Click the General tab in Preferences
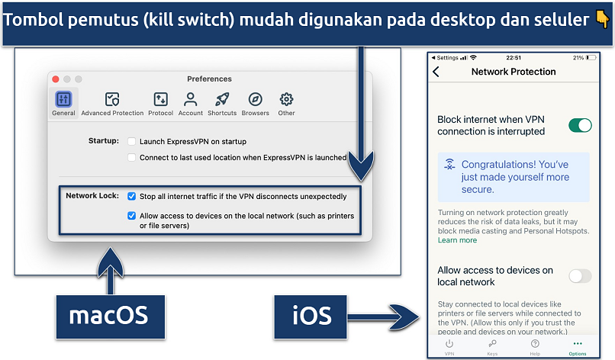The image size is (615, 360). (63, 103)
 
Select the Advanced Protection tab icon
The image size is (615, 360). (112, 99)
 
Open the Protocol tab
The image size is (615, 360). (160, 99)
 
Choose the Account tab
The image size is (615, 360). (191, 99)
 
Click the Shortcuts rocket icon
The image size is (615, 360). (222, 99)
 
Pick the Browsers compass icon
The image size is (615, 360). (256, 99)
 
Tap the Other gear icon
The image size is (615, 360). (286, 99)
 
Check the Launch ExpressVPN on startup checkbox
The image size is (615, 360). (132, 142)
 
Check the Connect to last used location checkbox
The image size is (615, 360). (132, 158)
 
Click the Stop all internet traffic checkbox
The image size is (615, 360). (132, 196)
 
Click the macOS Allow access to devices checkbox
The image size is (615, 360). (132, 216)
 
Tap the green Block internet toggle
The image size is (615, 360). (581, 125)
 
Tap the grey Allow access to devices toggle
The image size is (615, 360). (581, 276)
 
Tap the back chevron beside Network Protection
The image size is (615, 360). (436, 72)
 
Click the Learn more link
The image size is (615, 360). (457, 240)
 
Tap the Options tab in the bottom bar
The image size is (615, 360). (578, 347)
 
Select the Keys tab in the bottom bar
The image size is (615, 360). (492, 347)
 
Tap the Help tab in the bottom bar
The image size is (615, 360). (535, 347)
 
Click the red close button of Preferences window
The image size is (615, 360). (55, 79)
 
